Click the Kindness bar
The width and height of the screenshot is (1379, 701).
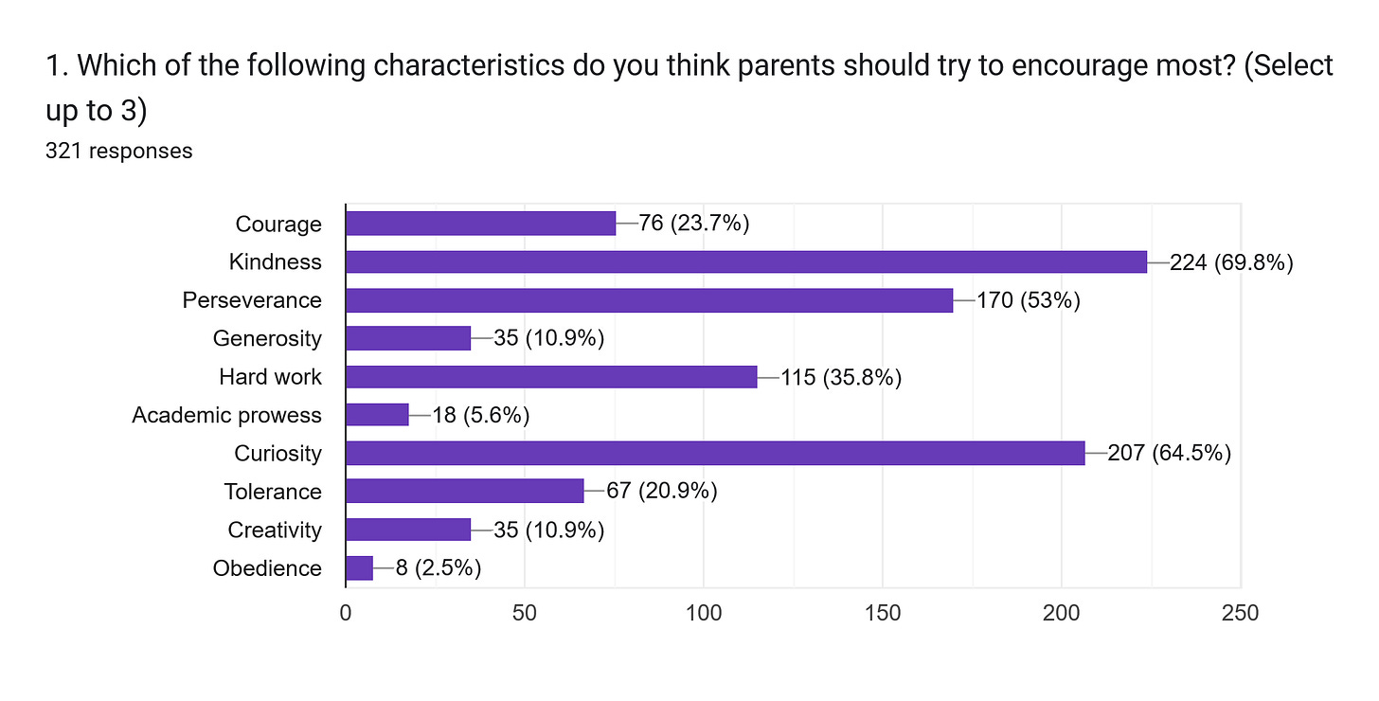(746, 262)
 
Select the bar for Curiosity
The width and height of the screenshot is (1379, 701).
(715, 454)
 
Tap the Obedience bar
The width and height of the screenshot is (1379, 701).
(360, 568)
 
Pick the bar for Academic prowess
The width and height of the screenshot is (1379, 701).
(377, 415)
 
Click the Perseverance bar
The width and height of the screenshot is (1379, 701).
(649, 300)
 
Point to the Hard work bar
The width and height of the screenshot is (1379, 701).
(551, 377)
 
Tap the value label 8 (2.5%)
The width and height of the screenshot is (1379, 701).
(439, 568)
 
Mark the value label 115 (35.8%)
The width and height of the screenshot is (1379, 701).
(841, 377)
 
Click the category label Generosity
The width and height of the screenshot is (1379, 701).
(267, 339)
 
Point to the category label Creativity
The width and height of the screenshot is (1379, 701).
(275, 530)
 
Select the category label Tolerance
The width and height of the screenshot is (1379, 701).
(273, 492)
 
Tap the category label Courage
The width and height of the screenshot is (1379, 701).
(278, 225)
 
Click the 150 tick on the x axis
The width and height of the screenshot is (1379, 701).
(883, 614)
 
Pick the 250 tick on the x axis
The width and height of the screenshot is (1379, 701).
(1240, 614)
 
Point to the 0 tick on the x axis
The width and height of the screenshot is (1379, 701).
(346, 614)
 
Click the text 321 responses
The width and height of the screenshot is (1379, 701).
(118, 151)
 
